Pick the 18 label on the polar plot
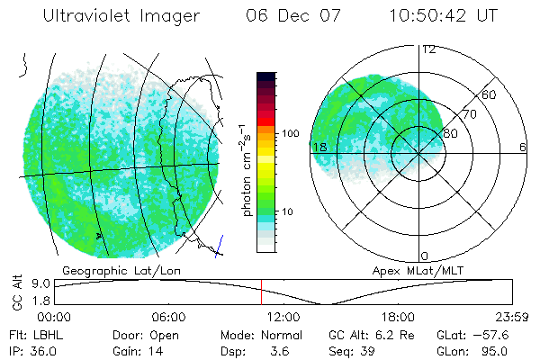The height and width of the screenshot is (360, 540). click(319, 147)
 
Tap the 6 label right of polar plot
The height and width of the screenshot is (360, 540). click(523, 147)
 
